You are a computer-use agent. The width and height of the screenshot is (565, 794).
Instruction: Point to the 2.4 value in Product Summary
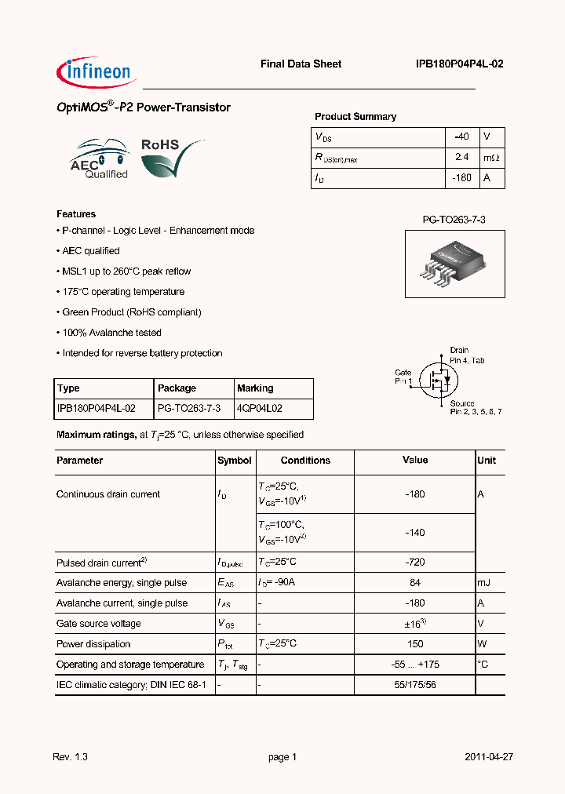click(x=461, y=158)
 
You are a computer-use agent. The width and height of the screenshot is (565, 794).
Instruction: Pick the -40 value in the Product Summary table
click(x=461, y=137)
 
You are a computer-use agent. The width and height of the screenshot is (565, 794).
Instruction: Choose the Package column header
click(x=177, y=388)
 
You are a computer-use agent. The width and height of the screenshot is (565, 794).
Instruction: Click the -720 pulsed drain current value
click(x=415, y=563)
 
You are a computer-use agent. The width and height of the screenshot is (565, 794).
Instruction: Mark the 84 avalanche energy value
click(x=415, y=583)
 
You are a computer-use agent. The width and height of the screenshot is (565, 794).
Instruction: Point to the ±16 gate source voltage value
click(x=415, y=624)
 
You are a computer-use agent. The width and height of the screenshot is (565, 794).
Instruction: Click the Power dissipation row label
click(x=93, y=644)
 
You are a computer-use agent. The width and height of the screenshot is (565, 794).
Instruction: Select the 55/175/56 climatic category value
click(x=415, y=685)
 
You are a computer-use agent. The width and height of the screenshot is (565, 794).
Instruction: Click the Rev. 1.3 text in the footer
click(x=71, y=757)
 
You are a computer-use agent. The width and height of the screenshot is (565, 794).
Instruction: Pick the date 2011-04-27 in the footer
click(x=489, y=757)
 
